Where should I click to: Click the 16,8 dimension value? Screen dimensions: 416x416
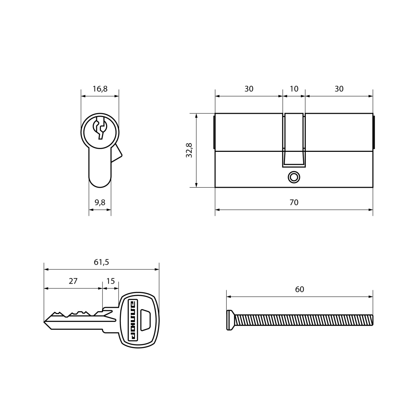pyautogui.click(x=100, y=89)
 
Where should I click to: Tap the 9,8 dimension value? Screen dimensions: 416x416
pyautogui.click(x=100, y=202)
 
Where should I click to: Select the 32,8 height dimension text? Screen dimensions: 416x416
pyautogui.click(x=189, y=150)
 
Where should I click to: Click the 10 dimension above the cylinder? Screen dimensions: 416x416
pyautogui.click(x=294, y=89)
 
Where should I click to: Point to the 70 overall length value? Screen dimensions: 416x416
pyautogui.click(x=294, y=202)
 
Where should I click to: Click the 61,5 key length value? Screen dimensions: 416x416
pyautogui.click(x=101, y=262)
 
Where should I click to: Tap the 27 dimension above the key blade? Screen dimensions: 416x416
pyautogui.click(x=73, y=281)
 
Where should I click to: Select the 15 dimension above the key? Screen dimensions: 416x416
pyautogui.click(x=111, y=281)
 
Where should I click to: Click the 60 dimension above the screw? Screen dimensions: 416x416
pyautogui.click(x=300, y=289)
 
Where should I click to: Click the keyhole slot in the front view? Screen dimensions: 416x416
pyautogui.click(x=100, y=128)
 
